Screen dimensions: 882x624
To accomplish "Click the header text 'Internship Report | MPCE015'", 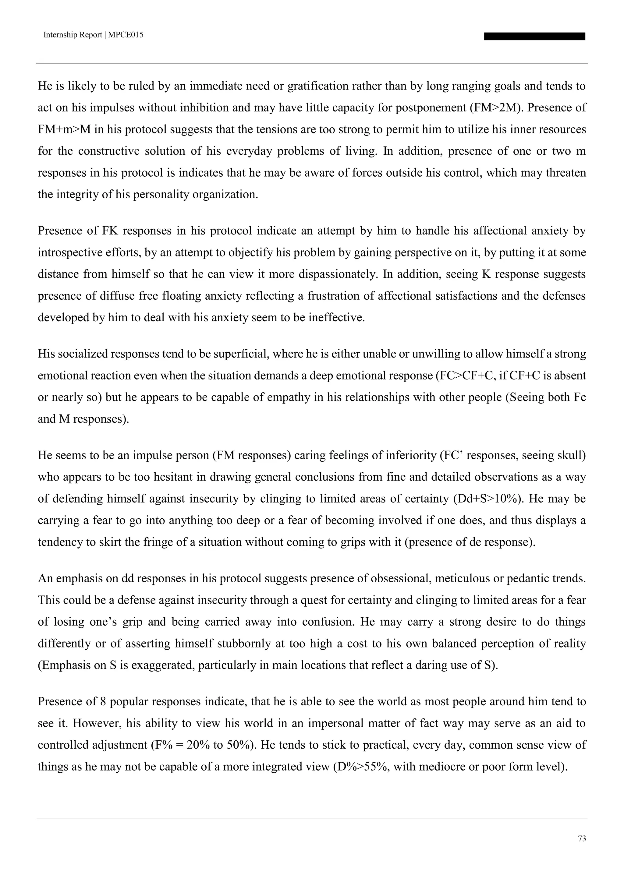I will click(93, 35).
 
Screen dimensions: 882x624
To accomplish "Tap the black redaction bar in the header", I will click(534, 37).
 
